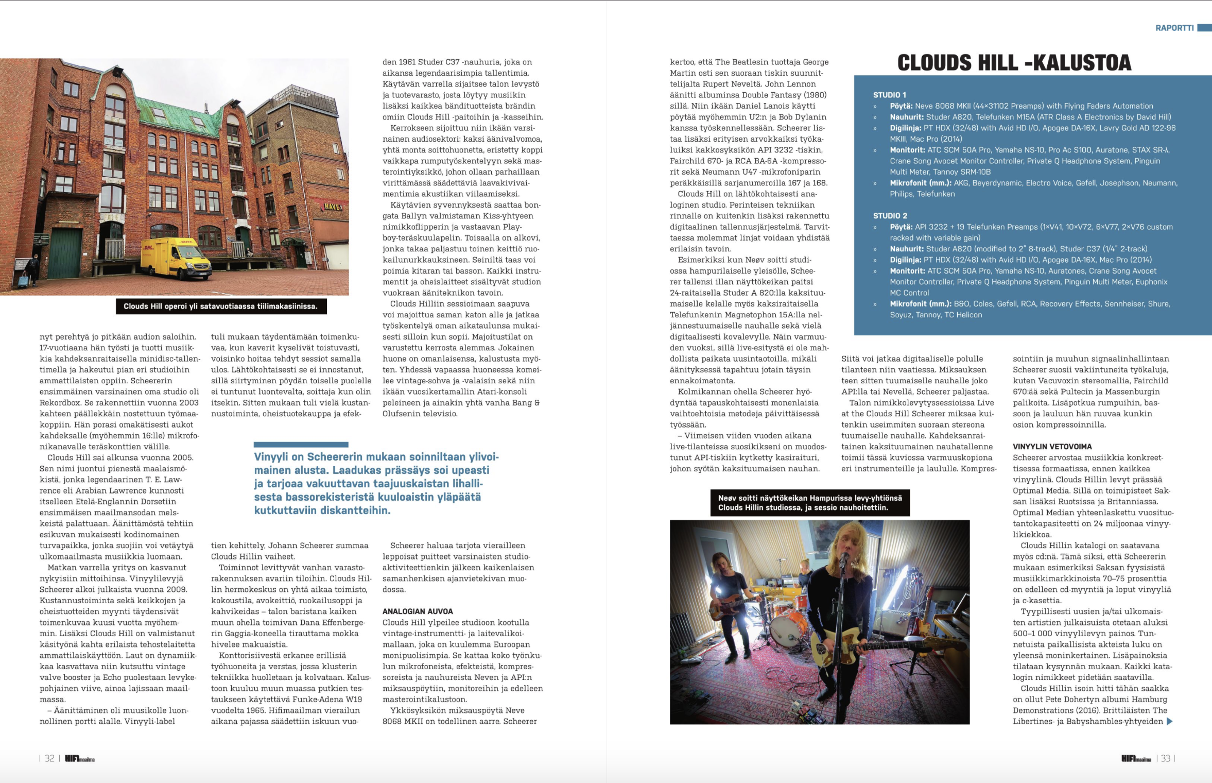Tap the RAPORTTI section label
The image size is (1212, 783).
[1174, 28]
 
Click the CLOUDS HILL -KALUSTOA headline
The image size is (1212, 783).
[1014, 63]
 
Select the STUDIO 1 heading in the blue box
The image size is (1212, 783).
[889, 95]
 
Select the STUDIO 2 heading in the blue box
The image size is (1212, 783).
[890, 216]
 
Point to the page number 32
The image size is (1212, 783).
[49, 758]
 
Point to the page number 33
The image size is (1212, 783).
[1165, 758]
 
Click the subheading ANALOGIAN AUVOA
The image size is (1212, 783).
[418, 611]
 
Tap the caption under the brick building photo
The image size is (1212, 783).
[221, 307]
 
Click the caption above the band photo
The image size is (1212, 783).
[810, 503]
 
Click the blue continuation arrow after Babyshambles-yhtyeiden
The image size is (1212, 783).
[1169, 721]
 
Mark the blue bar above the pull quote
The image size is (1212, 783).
[301, 444]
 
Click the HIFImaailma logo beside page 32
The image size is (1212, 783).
[80, 759]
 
